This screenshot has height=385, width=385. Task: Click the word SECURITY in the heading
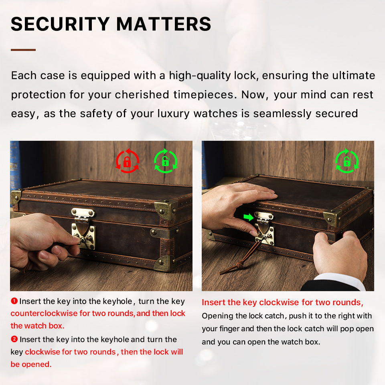(x=60, y=24)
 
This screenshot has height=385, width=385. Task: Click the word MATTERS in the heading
(x=164, y=24)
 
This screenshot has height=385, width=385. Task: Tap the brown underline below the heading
(x=23, y=50)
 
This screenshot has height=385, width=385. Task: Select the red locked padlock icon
(x=127, y=161)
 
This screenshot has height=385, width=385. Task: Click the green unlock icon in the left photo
(x=166, y=161)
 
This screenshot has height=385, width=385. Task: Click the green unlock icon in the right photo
(x=346, y=161)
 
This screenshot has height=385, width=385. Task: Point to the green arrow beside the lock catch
(x=249, y=217)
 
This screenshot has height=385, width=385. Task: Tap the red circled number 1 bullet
(x=14, y=301)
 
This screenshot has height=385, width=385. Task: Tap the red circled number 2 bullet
(x=14, y=339)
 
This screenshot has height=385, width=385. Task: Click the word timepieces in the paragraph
(x=203, y=95)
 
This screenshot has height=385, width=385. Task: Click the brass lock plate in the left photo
(x=83, y=236)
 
